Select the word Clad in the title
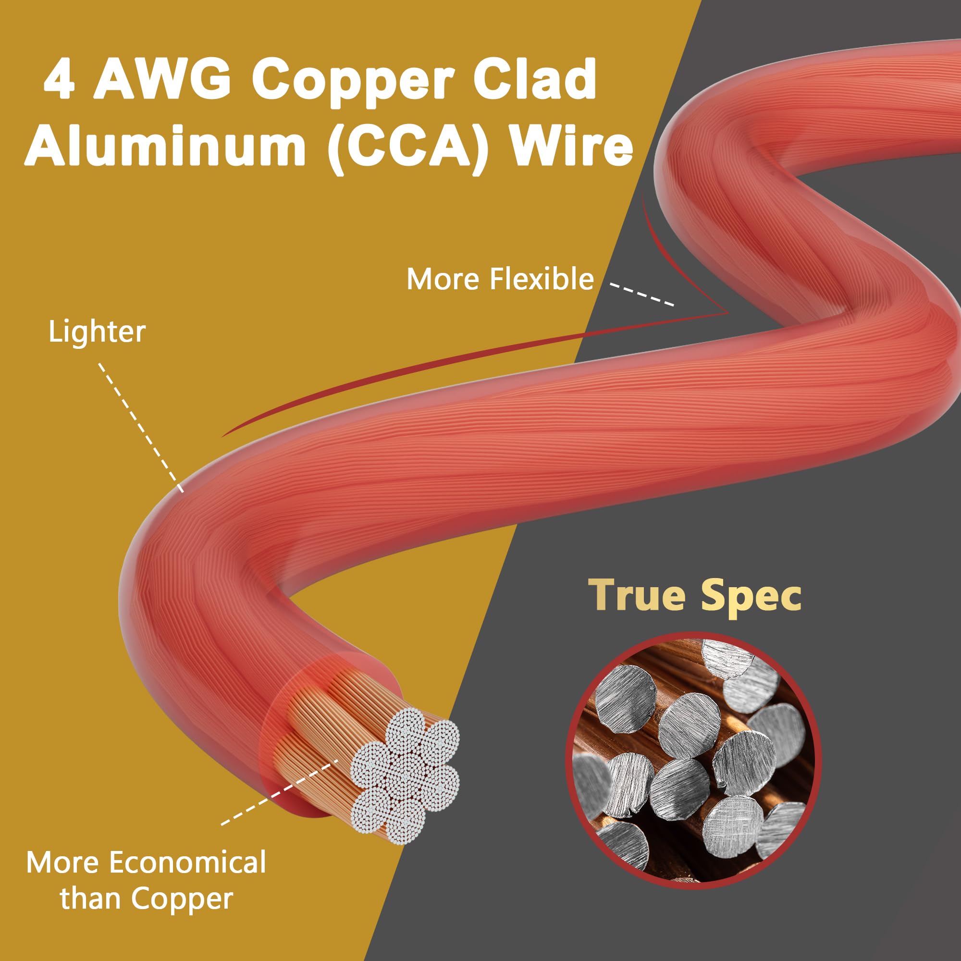[x=535, y=80]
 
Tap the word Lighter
[x=97, y=332]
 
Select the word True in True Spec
[x=641, y=595]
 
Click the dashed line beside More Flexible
[x=641, y=295]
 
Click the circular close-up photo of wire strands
[x=694, y=760]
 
